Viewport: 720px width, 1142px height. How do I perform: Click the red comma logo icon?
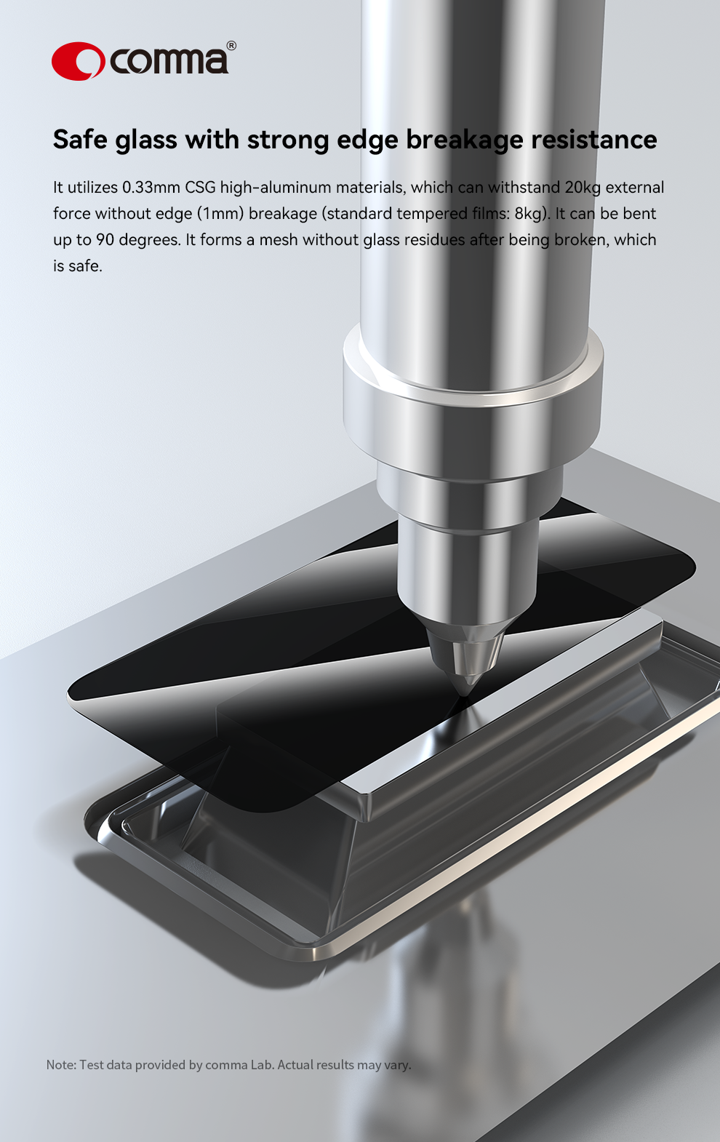tap(78, 61)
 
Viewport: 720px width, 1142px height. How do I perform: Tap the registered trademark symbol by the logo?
tap(231, 45)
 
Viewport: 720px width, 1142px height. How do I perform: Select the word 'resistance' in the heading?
tap(594, 139)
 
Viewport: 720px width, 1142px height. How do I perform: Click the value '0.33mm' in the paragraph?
tap(151, 188)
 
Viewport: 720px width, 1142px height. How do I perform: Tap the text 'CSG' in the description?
tap(200, 188)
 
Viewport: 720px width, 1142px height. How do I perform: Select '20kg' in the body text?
tap(583, 188)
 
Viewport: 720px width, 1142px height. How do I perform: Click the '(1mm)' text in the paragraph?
tap(221, 214)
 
